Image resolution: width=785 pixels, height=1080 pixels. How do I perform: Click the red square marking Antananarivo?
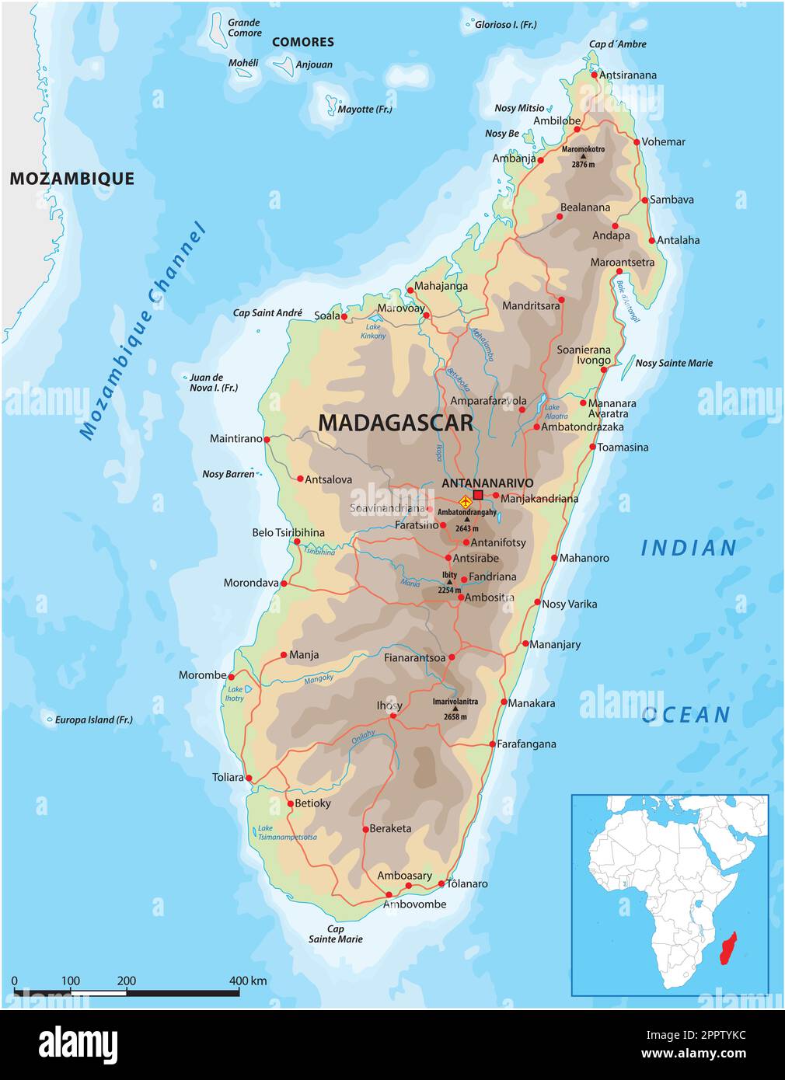point(478,495)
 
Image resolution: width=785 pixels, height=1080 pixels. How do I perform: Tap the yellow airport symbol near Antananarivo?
point(465,501)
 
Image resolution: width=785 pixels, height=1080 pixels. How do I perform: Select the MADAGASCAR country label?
point(396,423)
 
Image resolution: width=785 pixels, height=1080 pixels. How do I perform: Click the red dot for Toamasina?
point(592,448)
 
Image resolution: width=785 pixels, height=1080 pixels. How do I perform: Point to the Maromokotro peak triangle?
point(583,156)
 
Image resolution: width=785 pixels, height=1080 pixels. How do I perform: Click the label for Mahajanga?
point(441,286)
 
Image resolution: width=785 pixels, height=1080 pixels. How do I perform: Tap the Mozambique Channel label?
point(143,332)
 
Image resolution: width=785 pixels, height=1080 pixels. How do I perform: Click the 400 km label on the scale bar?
point(248,981)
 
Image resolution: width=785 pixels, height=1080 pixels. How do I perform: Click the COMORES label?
point(302,42)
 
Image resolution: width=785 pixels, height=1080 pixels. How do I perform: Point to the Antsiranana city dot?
point(595,75)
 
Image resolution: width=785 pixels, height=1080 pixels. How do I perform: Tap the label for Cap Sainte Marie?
point(336,934)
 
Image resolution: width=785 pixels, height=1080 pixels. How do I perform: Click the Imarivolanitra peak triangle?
point(455,709)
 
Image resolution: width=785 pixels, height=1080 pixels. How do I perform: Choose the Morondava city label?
point(250,583)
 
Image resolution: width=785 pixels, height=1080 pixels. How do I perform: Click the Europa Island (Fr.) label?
point(93,720)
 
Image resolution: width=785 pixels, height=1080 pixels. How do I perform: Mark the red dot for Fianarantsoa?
point(452,657)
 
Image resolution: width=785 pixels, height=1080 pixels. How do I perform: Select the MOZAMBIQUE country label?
point(72,179)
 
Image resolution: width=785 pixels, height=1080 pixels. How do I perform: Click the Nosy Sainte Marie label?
point(674,363)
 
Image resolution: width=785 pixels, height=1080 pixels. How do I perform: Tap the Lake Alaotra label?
point(556,412)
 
